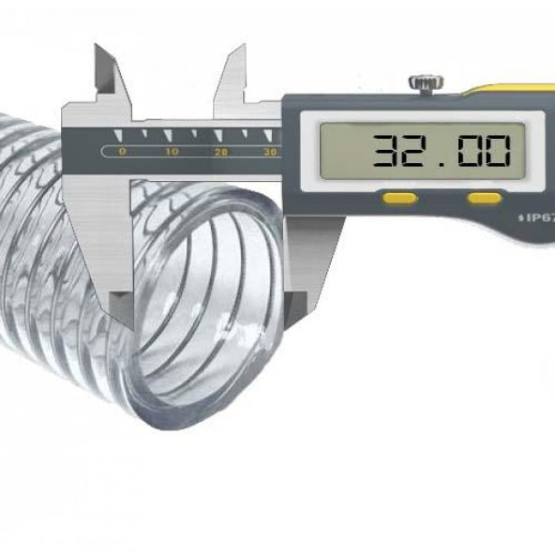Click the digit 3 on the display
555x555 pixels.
(x=386, y=150)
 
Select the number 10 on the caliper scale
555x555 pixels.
(x=171, y=151)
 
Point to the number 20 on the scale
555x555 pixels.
(x=221, y=151)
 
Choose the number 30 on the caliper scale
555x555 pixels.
(x=270, y=151)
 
